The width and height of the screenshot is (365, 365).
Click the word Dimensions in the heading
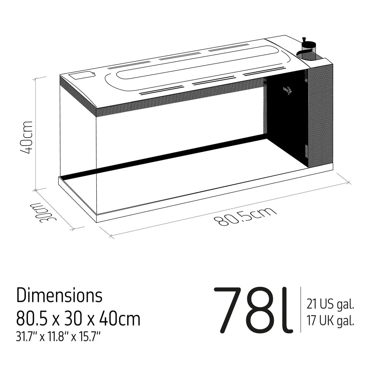tap(59, 295)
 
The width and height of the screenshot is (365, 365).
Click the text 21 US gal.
tap(330, 305)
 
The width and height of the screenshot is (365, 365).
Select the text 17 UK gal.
tap(330, 321)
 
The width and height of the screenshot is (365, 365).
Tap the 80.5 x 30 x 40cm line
tap(78, 319)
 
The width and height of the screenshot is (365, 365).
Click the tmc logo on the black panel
tap(287, 90)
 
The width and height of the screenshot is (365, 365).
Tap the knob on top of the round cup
tap(304, 39)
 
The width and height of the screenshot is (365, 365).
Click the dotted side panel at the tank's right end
tap(320, 114)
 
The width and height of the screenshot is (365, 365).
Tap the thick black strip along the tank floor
tap(166, 156)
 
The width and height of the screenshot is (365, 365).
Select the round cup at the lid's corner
tap(308, 52)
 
